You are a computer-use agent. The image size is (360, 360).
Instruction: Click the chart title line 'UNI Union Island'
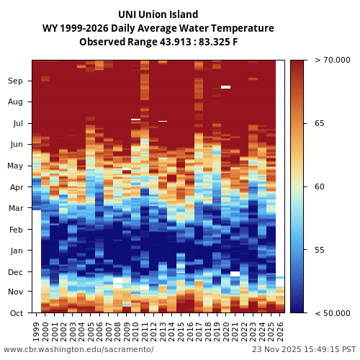click(x=158, y=14)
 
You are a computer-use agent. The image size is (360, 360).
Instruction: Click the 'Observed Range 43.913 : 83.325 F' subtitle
click(x=158, y=42)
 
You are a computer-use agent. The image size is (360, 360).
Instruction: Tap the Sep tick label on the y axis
click(x=15, y=81)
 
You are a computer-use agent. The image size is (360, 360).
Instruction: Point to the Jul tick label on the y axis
click(x=17, y=124)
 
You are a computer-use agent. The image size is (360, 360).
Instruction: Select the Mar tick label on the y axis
click(x=15, y=209)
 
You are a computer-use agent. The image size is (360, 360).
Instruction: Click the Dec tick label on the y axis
click(x=15, y=272)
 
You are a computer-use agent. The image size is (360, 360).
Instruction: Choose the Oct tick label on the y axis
click(x=16, y=313)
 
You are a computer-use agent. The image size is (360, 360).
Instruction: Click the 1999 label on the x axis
click(x=37, y=331)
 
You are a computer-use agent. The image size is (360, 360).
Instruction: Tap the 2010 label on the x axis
click(x=135, y=331)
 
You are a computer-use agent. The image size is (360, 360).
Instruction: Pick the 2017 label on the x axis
click(x=199, y=331)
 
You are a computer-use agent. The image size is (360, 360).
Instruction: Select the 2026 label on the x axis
click(x=280, y=331)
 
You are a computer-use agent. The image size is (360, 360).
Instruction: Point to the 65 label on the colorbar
click(x=319, y=124)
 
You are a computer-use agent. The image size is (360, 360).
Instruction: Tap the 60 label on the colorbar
click(x=319, y=187)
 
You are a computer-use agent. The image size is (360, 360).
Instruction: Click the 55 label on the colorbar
click(x=319, y=250)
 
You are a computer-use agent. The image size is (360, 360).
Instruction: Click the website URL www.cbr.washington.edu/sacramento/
click(x=78, y=350)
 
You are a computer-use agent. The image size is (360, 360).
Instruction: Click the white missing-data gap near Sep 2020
click(x=226, y=87)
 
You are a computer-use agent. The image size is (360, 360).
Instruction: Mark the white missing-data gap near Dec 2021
click(x=235, y=274)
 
